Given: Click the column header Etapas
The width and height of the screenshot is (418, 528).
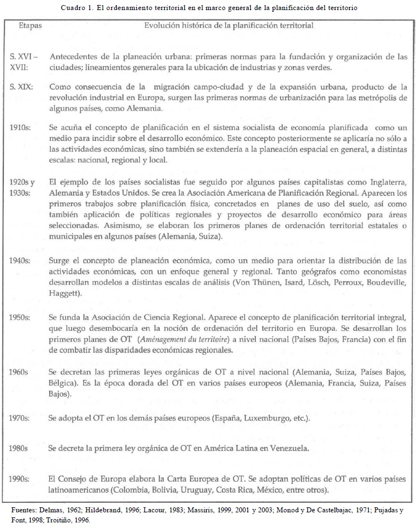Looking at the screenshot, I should click(30, 26).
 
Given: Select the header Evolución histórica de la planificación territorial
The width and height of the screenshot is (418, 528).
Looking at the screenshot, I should click(229, 26).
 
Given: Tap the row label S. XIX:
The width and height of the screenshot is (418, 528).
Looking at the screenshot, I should click(21, 87).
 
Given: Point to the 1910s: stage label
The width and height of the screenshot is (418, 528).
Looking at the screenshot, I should click(21, 127).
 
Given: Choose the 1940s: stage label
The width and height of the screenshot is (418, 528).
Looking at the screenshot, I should click(21, 261).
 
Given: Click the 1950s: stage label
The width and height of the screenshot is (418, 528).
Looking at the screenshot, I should click(21, 317).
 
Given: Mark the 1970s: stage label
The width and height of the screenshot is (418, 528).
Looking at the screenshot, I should click(21, 418).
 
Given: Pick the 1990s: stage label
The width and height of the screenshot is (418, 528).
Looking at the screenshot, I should click(21, 479).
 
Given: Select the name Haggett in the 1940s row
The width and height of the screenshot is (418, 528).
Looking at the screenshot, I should click(65, 293).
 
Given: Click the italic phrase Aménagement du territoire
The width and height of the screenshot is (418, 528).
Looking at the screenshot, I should click(185, 339).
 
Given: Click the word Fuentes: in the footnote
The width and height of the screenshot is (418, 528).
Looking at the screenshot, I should click(26, 510).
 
